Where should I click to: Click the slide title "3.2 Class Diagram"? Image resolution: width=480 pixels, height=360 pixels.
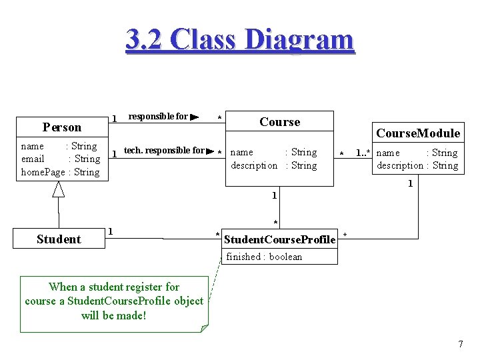tap(240, 39)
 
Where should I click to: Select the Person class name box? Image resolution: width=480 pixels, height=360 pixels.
tap(61, 127)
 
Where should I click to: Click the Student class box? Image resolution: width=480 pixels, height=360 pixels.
tap(59, 239)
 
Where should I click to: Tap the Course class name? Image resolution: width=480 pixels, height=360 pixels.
tap(279, 121)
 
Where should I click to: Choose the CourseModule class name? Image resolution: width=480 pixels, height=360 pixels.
tap(417, 133)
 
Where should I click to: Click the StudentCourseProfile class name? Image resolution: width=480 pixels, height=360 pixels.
tap(279, 239)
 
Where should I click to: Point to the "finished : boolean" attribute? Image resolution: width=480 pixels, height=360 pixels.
tap(263, 257)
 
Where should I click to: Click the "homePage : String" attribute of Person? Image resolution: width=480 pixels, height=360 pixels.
tap(60, 172)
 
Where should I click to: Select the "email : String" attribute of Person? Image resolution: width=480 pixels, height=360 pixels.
tap(60, 159)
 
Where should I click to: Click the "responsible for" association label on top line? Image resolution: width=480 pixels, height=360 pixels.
tap(158, 116)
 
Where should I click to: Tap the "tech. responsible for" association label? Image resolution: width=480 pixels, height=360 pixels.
tap(164, 150)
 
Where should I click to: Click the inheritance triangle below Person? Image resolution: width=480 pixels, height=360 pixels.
tap(59, 189)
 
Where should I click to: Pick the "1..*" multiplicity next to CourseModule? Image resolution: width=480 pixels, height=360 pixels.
tap(363, 153)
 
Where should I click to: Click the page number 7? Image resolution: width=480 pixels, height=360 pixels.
tap(460, 344)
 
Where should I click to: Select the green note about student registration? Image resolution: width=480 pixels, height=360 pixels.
tap(113, 301)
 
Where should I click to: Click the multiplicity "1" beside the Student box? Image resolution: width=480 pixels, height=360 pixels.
tap(111, 231)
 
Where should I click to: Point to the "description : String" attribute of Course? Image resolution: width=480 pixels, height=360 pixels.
tap(274, 165)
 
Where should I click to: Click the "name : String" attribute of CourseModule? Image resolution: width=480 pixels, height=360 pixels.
tap(417, 153)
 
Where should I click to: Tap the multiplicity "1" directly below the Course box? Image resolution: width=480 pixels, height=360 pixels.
tap(274, 195)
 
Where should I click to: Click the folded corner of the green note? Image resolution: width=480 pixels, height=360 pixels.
tap(204, 327)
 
